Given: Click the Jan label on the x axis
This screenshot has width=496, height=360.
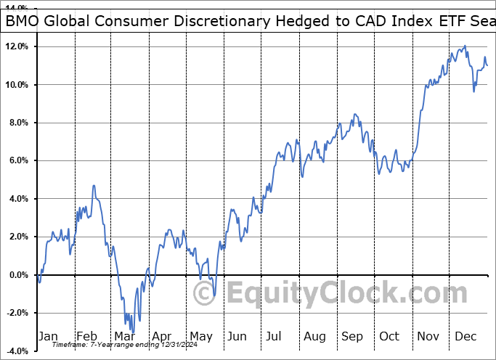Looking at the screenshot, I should pyautogui.click(x=47, y=336).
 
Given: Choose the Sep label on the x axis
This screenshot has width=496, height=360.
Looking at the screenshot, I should pyautogui.click(x=353, y=336).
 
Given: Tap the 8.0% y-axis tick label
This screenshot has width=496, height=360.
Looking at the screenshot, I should pyautogui.click(x=17, y=123).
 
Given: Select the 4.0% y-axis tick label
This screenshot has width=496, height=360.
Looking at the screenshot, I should pyautogui.click(x=17, y=199).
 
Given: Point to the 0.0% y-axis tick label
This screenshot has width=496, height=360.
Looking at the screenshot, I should pyautogui.click(x=17, y=275).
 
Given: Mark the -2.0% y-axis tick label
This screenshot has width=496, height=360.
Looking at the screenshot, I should pyautogui.click(x=15, y=313).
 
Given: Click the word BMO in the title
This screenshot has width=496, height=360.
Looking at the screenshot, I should pyautogui.click(x=23, y=22).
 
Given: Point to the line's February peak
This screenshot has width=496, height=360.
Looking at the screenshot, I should pyautogui.click(x=94, y=186).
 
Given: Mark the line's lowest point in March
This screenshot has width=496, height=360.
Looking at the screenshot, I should pyautogui.click(x=133, y=333).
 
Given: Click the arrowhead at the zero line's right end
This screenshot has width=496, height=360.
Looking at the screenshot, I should pyautogui.click(x=487, y=275).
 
